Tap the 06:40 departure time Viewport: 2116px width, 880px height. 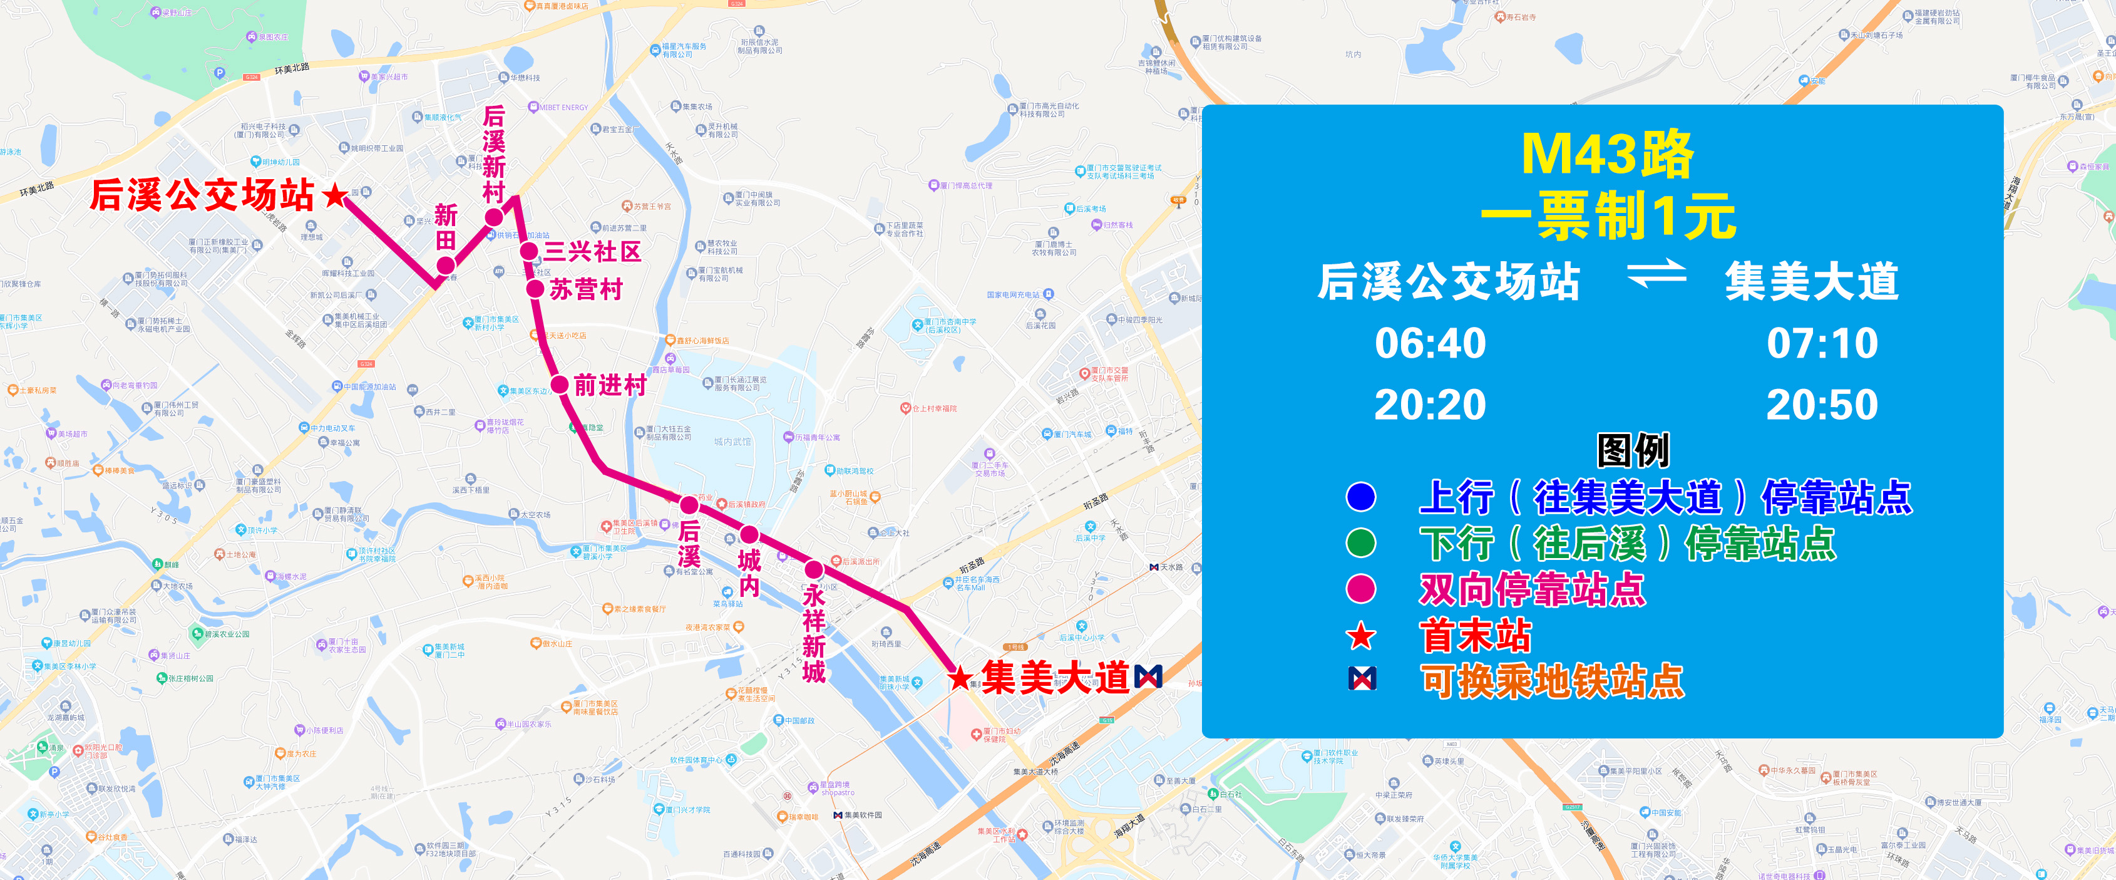pyautogui.click(x=1430, y=343)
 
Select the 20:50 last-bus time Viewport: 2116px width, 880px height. pyautogui.click(x=1822, y=404)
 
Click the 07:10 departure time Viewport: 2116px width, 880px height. pyautogui.click(x=1822, y=343)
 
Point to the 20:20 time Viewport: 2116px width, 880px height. pyautogui.click(x=1430, y=404)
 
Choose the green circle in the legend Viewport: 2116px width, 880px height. pyautogui.click(x=1361, y=542)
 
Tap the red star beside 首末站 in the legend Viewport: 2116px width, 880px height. pyautogui.click(x=1361, y=635)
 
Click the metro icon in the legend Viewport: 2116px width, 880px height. pyautogui.click(x=1362, y=679)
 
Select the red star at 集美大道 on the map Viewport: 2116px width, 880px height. pyautogui.click(x=960, y=679)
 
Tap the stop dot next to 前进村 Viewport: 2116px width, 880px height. pyautogui.click(x=560, y=384)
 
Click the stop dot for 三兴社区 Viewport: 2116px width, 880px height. pyautogui.click(x=529, y=251)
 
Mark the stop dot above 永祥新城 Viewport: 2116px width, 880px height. pyautogui.click(x=813, y=569)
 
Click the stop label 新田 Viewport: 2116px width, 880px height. pyautogui.click(x=446, y=227)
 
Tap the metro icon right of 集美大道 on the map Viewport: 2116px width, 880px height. pyautogui.click(x=1148, y=677)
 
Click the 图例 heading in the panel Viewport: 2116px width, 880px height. pyautogui.click(x=1633, y=450)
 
